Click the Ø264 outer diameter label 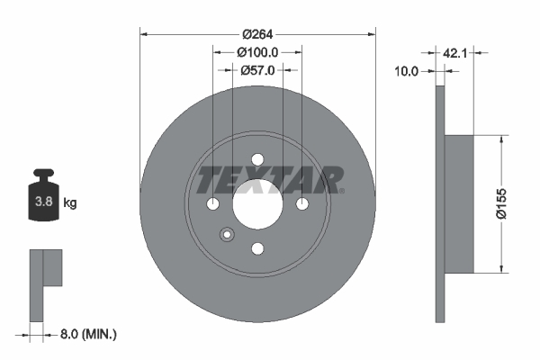pos(257,34)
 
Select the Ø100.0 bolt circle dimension pos(257,52)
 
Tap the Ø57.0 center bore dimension pos(257,69)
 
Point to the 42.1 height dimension pos(454,52)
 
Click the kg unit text pos(69,203)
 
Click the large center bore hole pos(257,204)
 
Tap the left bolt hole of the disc pos(213,205)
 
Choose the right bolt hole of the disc pos(301,205)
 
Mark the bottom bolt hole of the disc pos(257,249)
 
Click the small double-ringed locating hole pos(226,236)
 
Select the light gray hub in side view pos(459,203)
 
